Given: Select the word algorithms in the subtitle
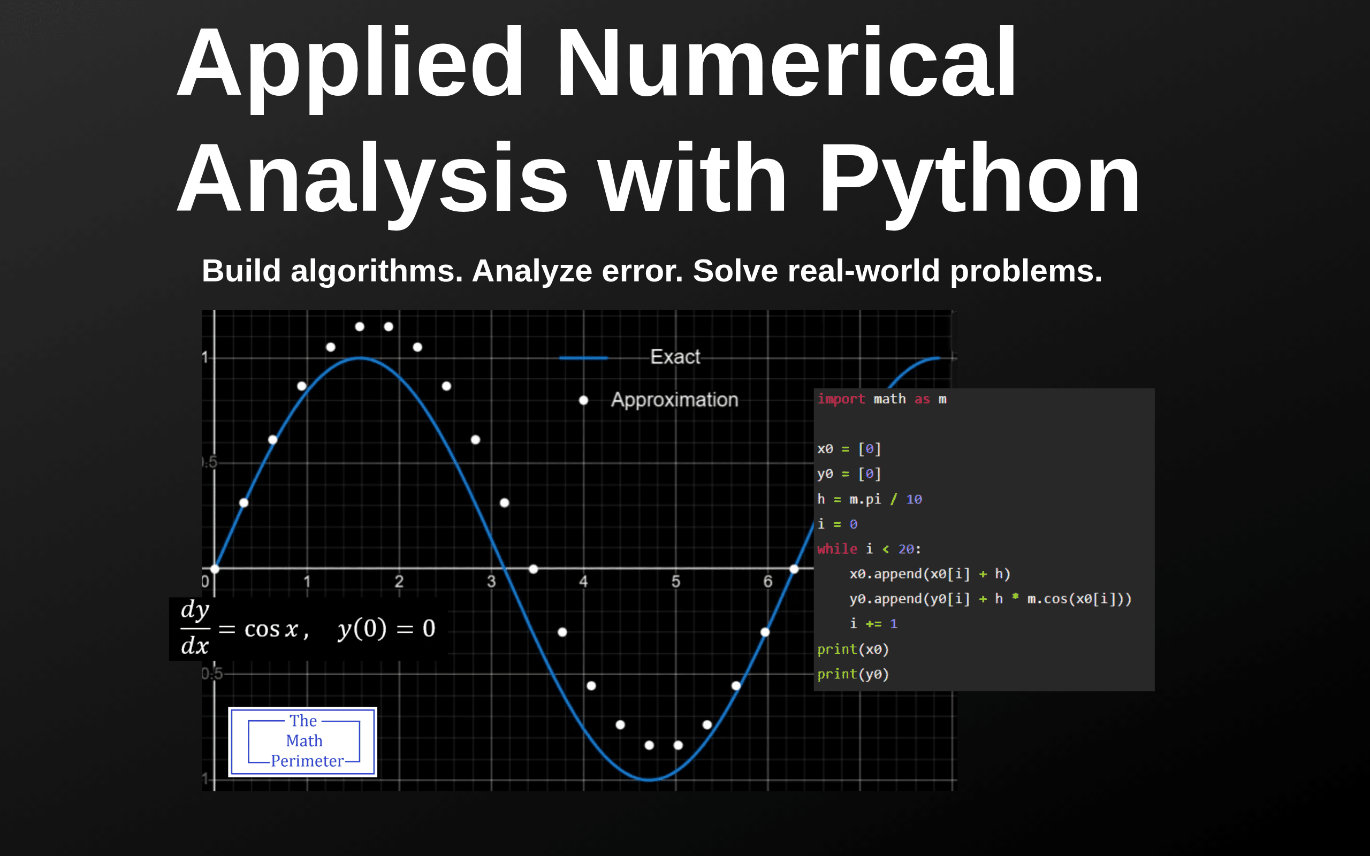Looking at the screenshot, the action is click(376, 272).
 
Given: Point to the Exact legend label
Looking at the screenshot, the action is click(675, 357).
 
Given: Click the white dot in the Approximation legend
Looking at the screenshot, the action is click(583, 400).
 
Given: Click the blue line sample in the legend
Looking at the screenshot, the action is click(583, 358).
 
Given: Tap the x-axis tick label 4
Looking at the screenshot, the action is click(583, 582).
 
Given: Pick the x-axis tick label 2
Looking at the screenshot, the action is click(399, 582).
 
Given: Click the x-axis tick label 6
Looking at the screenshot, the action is click(767, 582).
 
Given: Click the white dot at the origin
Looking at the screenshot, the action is click(215, 569).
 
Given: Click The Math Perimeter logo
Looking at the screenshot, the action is click(303, 742).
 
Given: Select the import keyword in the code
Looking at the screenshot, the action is click(841, 399).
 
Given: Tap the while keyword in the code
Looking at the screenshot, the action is click(838, 549).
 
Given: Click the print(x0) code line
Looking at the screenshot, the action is click(853, 649).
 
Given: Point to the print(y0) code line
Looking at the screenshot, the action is click(853, 674).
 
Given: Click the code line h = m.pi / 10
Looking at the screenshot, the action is click(870, 499).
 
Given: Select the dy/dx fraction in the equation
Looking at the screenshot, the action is click(195, 629).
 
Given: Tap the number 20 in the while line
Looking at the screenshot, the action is click(906, 549).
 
